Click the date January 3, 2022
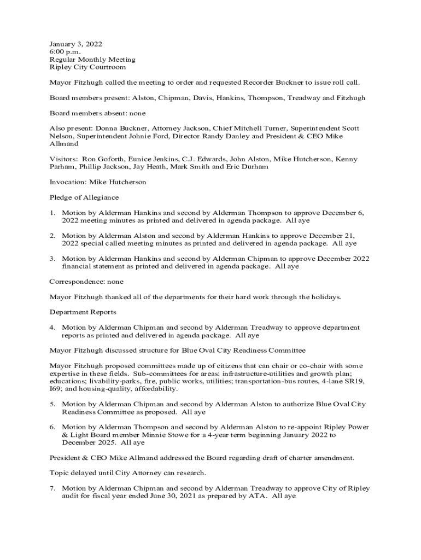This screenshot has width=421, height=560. coord(75,44)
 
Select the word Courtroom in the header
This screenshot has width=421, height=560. coord(108,67)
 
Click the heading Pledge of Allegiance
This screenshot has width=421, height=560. coord(84,197)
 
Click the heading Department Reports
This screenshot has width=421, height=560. coord(83,312)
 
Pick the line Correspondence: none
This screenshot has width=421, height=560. coord(86,282)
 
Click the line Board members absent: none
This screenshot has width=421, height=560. coord(97,113)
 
